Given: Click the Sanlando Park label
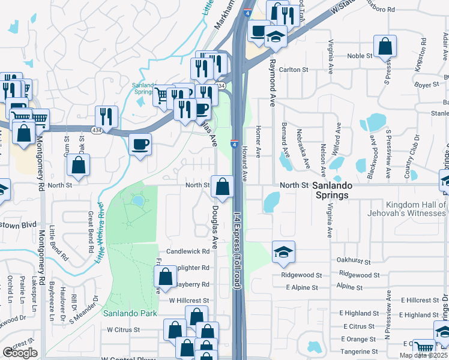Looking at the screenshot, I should (130, 313).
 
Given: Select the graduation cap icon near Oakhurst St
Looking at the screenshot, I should (283, 252).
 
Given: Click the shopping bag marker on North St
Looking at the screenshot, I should (222, 187).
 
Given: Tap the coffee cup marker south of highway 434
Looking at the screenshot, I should (140, 145).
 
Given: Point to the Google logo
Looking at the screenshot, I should (20, 353).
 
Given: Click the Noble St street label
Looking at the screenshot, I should (360, 56).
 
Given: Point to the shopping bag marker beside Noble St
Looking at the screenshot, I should (385, 46).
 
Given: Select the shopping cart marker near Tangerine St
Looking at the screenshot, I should (424, 348).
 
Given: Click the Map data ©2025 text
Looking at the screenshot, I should (424, 355).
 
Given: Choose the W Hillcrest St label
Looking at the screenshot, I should (188, 300).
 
